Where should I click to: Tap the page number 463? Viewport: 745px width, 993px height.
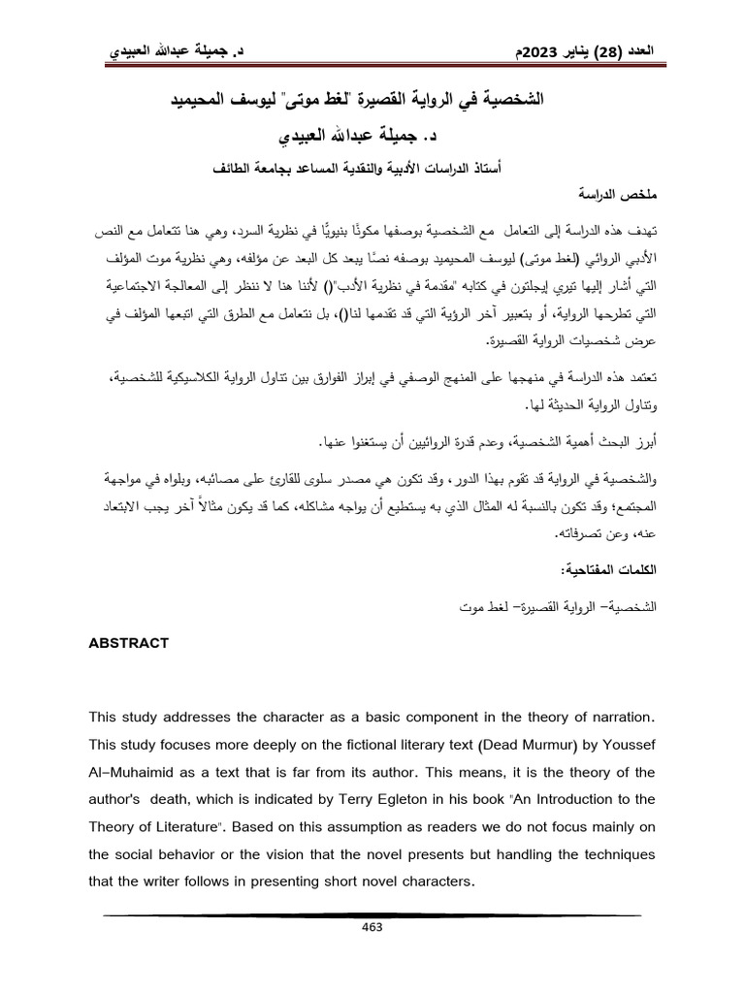pos(372,927)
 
